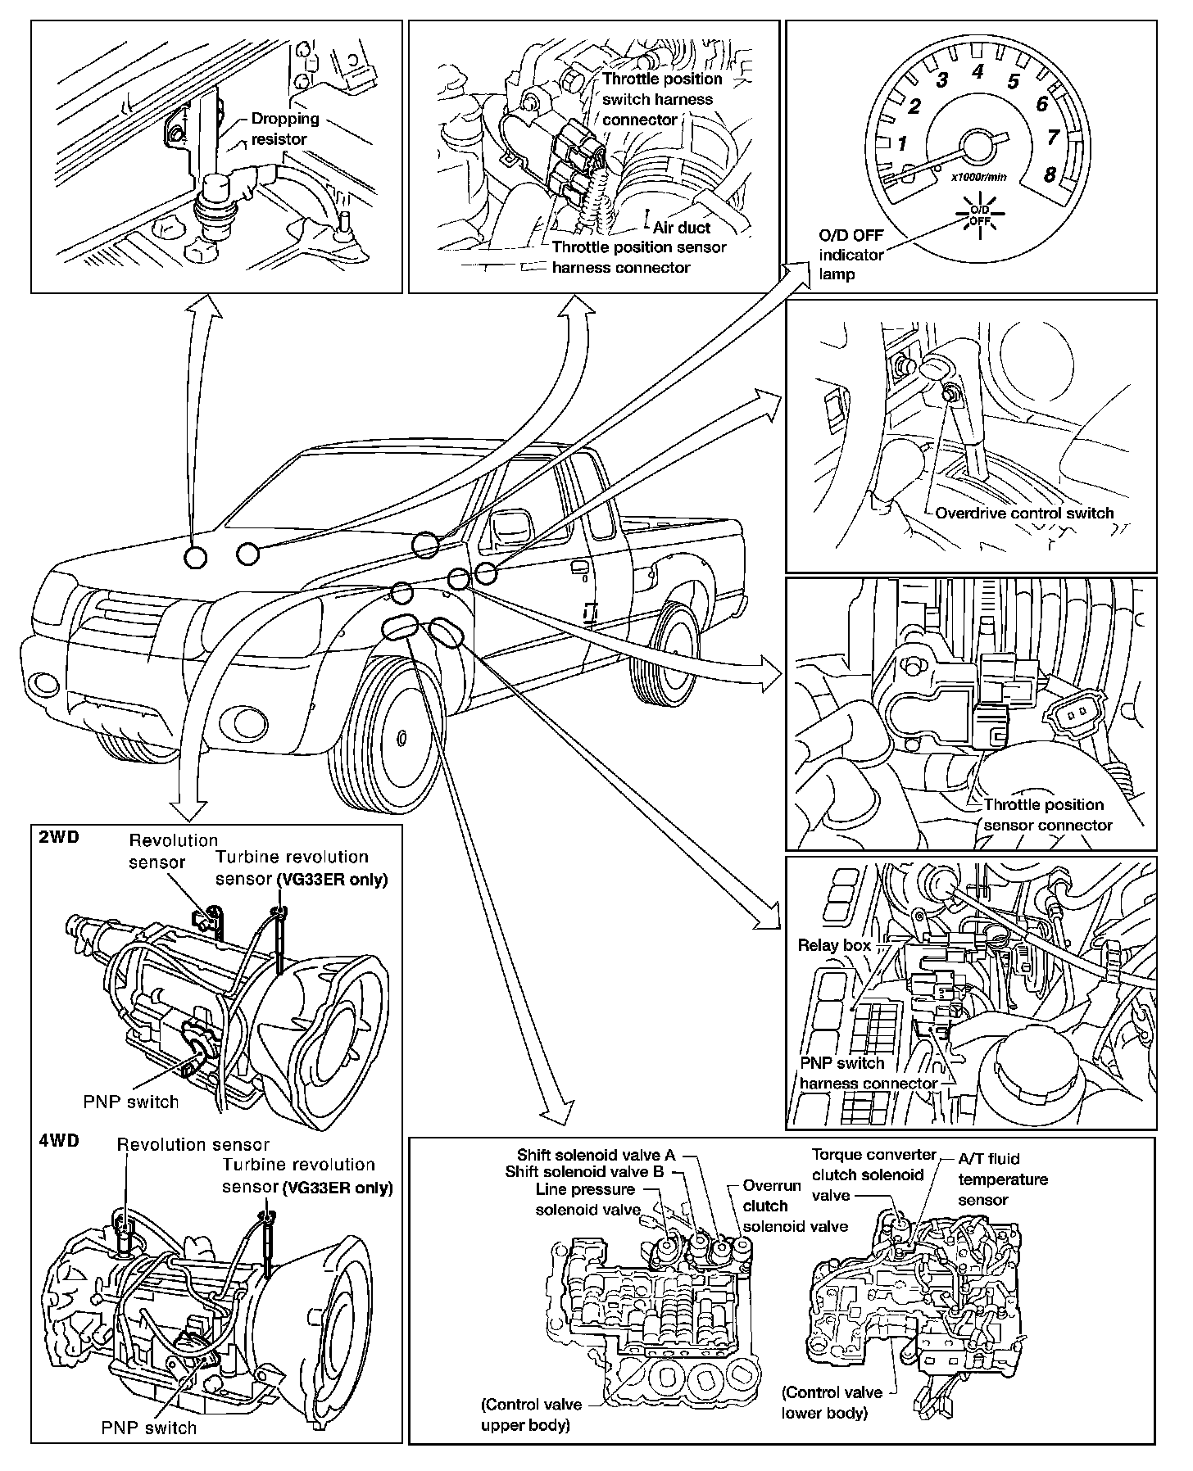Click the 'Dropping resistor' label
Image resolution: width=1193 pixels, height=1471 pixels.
(279, 129)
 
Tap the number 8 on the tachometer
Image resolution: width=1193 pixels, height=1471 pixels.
(1049, 174)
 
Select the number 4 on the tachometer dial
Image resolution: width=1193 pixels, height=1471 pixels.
(978, 71)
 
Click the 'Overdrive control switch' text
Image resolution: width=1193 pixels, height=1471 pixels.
(1024, 514)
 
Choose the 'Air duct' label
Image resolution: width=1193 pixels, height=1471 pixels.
(682, 228)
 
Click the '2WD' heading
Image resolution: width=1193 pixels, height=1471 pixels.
(58, 839)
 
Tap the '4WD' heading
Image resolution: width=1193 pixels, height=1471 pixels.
(58, 1141)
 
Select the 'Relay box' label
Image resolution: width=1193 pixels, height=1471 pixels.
(834, 945)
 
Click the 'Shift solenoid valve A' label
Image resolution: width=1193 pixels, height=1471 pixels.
(596, 1155)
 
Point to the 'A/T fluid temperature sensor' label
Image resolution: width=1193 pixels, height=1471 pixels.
(1003, 1179)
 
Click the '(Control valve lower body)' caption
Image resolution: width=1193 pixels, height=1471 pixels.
(832, 1402)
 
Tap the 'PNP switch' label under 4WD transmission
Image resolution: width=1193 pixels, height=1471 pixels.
(149, 1428)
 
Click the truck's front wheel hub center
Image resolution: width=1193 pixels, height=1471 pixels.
(401, 737)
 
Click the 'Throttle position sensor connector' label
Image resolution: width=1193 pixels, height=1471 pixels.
(1046, 815)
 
